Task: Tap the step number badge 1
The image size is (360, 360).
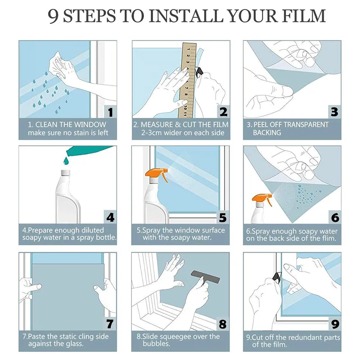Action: click(110, 112)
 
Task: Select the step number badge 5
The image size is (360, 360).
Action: click(223, 217)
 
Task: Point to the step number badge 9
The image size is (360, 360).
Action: click(335, 324)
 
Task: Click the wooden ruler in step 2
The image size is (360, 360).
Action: click(188, 80)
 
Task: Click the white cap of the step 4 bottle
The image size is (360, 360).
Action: click(65, 173)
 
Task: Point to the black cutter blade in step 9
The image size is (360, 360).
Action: click(277, 277)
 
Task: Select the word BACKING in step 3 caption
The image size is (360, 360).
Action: click(267, 132)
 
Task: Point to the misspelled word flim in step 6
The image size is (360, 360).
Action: click(329, 238)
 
